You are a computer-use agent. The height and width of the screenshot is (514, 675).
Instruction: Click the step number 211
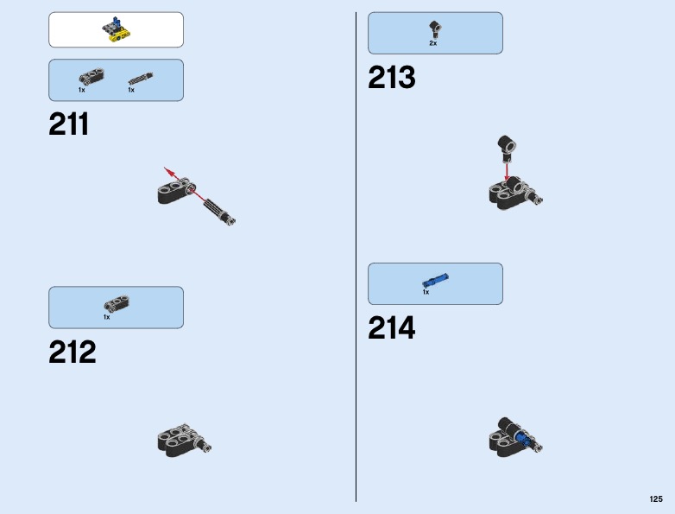(69, 124)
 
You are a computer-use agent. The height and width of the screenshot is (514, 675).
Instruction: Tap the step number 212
(73, 352)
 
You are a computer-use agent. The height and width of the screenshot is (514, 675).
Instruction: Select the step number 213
(392, 78)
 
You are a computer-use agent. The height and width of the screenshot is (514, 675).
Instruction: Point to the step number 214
(392, 328)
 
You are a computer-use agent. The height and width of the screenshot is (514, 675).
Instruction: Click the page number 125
(656, 499)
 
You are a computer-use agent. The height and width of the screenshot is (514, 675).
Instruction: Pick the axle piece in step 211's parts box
(141, 79)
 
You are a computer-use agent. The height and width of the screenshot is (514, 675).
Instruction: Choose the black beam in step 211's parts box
(91, 76)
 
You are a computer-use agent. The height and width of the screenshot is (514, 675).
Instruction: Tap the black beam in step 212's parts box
(117, 303)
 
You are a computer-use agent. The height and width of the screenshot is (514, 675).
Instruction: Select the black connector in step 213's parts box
(435, 29)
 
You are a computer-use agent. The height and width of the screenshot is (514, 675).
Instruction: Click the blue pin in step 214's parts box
(435, 280)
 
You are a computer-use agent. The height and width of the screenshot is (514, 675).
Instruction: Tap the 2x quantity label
(433, 43)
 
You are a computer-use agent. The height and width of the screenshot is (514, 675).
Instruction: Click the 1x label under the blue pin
(426, 292)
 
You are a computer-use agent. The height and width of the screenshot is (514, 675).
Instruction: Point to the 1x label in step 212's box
(107, 317)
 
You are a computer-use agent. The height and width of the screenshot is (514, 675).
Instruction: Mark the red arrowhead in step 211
(169, 172)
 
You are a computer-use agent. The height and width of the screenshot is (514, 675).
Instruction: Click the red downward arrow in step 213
(507, 171)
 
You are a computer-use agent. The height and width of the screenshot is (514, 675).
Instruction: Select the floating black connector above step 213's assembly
(507, 149)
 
